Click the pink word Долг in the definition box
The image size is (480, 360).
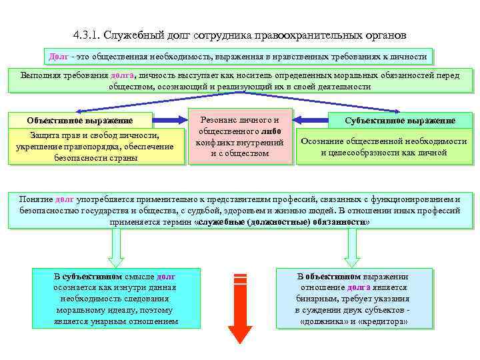(x=59, y=57)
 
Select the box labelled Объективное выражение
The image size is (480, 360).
(x=80, y=120)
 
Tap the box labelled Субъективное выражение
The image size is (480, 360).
(x=400, y=121)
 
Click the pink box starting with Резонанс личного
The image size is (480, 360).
(x=240, y=136)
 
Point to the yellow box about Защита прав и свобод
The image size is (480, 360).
(x=95, y=147)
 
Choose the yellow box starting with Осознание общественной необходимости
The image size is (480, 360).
(x=383, y=147)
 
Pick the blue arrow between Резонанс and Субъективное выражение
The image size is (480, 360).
(x=311, y=120)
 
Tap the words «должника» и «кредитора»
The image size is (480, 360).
(x=354, y=321)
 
